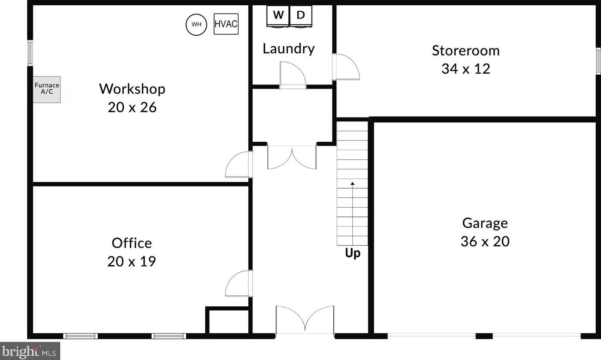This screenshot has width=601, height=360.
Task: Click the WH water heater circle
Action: [x=196, y=25]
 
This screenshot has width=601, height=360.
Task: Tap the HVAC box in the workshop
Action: [x=226, y=24]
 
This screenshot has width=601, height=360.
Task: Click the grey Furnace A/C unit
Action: [x=47, y=89]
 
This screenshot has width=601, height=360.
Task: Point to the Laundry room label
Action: [x=289, y=49]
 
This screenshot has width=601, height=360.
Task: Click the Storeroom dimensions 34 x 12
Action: [x=466, y=69]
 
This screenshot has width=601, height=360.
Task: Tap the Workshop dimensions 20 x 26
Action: [x=132, y=107]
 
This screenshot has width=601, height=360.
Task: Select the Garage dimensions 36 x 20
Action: [x=485, y=241]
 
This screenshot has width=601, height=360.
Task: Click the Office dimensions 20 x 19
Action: [x=132, y=261]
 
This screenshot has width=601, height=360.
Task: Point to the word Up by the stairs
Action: [x=353, y=253]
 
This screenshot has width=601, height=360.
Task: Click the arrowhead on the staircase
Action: [x=353, y=184]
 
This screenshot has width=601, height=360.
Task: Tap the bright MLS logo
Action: [x=30, y=351]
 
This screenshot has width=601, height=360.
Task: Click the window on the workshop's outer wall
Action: [x=30, y=53]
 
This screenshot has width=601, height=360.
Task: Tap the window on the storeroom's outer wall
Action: [x=599, y=60]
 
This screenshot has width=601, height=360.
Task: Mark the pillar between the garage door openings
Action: [x=484, y=336]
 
